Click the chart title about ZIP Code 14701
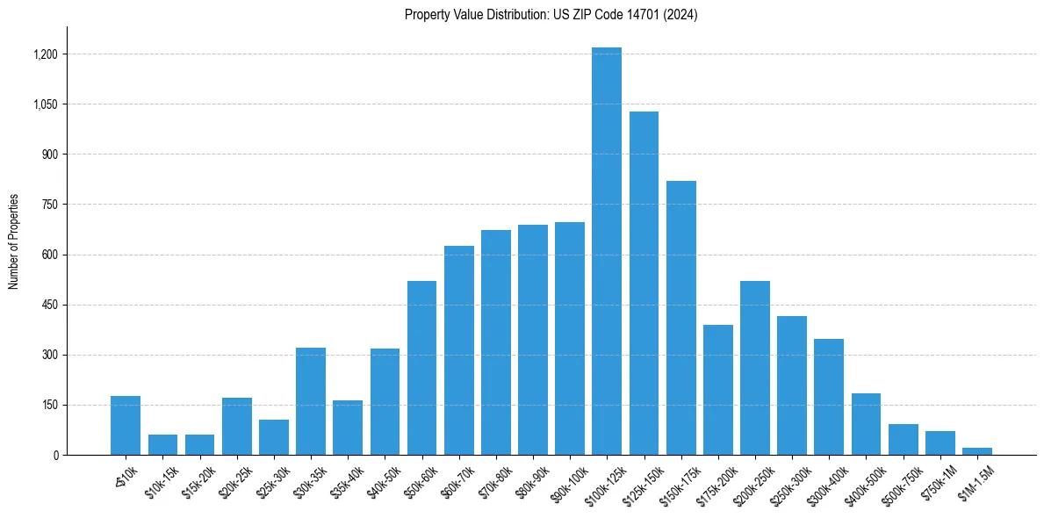[x=551, y=15]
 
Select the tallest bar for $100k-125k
[x=607, y=251]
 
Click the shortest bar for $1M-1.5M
[x=977, y=451]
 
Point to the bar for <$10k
[x=126, y=426]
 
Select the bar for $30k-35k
[x=311, y=401]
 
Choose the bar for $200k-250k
[x=755, y=368]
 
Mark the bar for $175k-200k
[x=718, y=390]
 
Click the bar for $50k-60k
[x=421, y=368]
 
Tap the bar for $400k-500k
[x=866, y=424]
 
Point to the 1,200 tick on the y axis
[x=45, y=54]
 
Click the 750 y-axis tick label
[x=49, y=205]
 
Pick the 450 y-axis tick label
[x=49, y=306]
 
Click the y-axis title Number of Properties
[x=14, y=241]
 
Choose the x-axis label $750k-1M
[x=937, y=481]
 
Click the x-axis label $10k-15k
[x=160, y=481]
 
